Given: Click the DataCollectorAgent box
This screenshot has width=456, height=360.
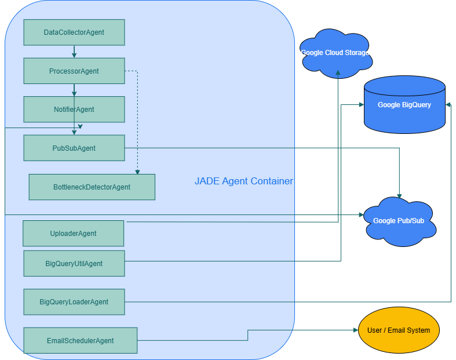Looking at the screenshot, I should click(74, 32).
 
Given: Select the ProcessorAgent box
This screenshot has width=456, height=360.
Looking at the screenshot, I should click(74, 71).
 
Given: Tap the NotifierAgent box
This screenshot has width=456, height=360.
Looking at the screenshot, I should click(74, 109).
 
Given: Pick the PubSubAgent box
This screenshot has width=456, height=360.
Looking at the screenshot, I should click(74, 148).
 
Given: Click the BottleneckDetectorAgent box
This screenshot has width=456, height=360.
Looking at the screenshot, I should click(92, 187).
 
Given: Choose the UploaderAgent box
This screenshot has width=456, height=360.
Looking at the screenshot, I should click(74, 233).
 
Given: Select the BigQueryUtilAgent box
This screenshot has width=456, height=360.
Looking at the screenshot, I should click(74, 263).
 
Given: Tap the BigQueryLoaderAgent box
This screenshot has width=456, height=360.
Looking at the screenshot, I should click(74, 301).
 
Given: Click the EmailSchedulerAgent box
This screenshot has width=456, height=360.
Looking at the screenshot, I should click(81, 340).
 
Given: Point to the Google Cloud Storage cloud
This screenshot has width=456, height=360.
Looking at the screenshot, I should click(335, 53).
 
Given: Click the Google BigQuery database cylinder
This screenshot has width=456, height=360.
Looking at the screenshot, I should click(404, 105).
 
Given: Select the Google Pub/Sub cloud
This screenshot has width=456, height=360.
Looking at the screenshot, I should click(399, 221).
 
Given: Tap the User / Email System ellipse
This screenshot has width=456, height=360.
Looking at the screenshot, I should click(399, 330).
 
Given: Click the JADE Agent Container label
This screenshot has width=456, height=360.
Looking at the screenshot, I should click(243, 181).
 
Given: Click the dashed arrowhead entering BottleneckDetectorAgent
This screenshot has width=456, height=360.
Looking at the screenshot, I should click(137, 172).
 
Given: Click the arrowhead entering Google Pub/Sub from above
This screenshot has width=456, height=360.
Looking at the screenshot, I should click(399, 196).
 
